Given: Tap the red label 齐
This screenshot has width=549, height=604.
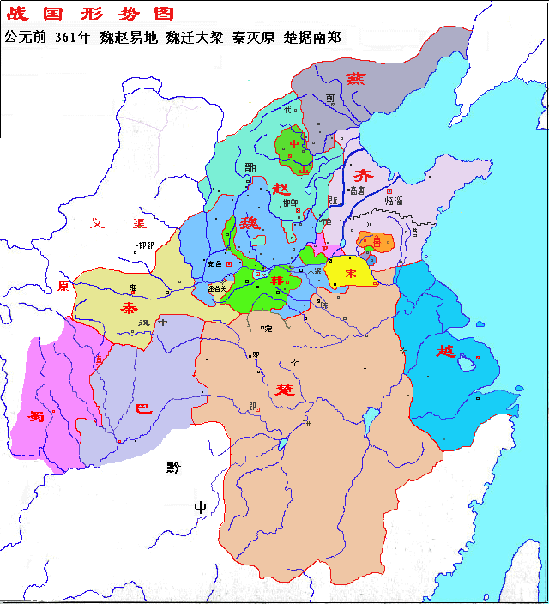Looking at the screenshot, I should click(365, 168).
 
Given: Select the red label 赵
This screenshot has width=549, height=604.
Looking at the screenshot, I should click(281, 189).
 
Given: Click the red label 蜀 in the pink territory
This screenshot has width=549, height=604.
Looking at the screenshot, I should click(36, 416).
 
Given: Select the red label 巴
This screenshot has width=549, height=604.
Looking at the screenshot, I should click(144, 408).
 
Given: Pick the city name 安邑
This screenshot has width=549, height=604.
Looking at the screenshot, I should click(214, 263).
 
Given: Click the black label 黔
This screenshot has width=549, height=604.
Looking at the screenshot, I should click(174, 467).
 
